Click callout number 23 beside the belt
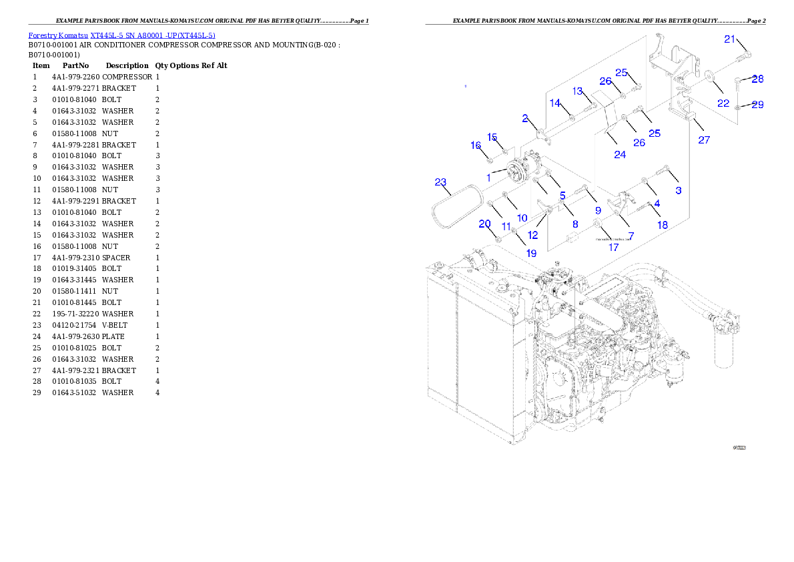click(x=440, y=182)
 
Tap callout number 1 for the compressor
click(x=489, y=178)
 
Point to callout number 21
click(x=729, y=39)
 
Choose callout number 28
click(x=757, y=79)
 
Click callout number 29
click(x=757, y=105)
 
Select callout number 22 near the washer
click(x=723, y=103)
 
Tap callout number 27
click(x=704, y=140)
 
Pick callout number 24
click(x=620, y=154)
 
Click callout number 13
click(x=577, y=91)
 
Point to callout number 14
click(x=555, y=103)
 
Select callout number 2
click(x=525, y=118)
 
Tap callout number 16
click(x=476, y=146)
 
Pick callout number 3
click(x=679, y=190)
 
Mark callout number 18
click(x=662, y=225)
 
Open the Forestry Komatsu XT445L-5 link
click(x=121, y=35)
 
